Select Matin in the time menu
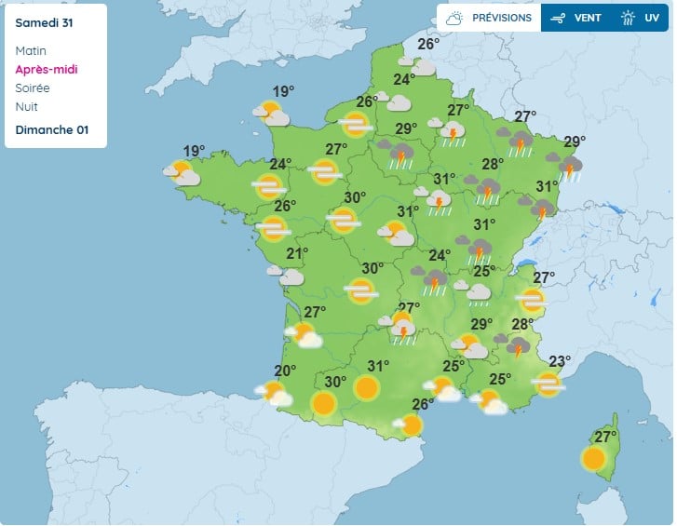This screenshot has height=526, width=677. pyautogui.click(x=31, y=51)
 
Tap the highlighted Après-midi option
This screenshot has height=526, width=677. pyautogui.click(x=46, y=70)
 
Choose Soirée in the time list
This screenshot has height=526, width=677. pyautogui.click(x=33, y=88)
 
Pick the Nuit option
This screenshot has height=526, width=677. pyautogui.click(x=27, y=107)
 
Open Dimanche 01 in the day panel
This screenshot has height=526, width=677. pyautogui.click(x=52, y=129)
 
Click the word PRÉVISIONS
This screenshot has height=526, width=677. pyautogui.click(x=502, y=18)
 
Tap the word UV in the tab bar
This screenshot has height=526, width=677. pyautogui.click(x=652, y=18)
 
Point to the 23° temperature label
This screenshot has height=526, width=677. pyautogui.click(x=560, y=361)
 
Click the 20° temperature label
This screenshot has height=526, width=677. pyautogui.click(x=285, y=371)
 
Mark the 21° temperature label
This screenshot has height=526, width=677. pyautogui.click(x=297, y=253)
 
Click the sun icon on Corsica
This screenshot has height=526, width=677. pyautogui.click(x=593, y=458)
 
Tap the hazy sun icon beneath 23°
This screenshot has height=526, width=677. pyautogui.click(x=548, y=383)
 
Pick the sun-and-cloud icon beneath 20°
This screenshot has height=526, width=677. pyautogui.click(x=275, y=394)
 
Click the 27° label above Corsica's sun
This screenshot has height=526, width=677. pyautogui.click(x=606, y=437)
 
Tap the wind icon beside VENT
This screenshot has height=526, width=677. pyautogui.click(x=559, y=18)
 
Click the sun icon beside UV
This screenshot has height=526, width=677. pyautogui.click(x=629, y=18)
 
